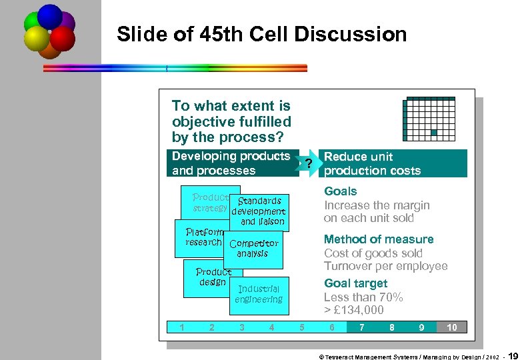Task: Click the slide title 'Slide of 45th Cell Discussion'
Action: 261,34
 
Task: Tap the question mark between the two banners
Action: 307,164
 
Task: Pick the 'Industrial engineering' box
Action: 259,294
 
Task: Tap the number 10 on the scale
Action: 451,327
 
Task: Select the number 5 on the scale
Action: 302,327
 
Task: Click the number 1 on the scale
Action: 182,327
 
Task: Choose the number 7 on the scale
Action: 361,327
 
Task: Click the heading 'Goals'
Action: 340,191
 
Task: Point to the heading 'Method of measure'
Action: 378,239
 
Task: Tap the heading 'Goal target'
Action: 355,283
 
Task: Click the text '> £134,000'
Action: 353,310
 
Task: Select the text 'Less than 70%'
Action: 363,297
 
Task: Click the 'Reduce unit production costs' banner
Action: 393,164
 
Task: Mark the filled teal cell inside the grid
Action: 434,133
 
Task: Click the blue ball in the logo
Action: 49,15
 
